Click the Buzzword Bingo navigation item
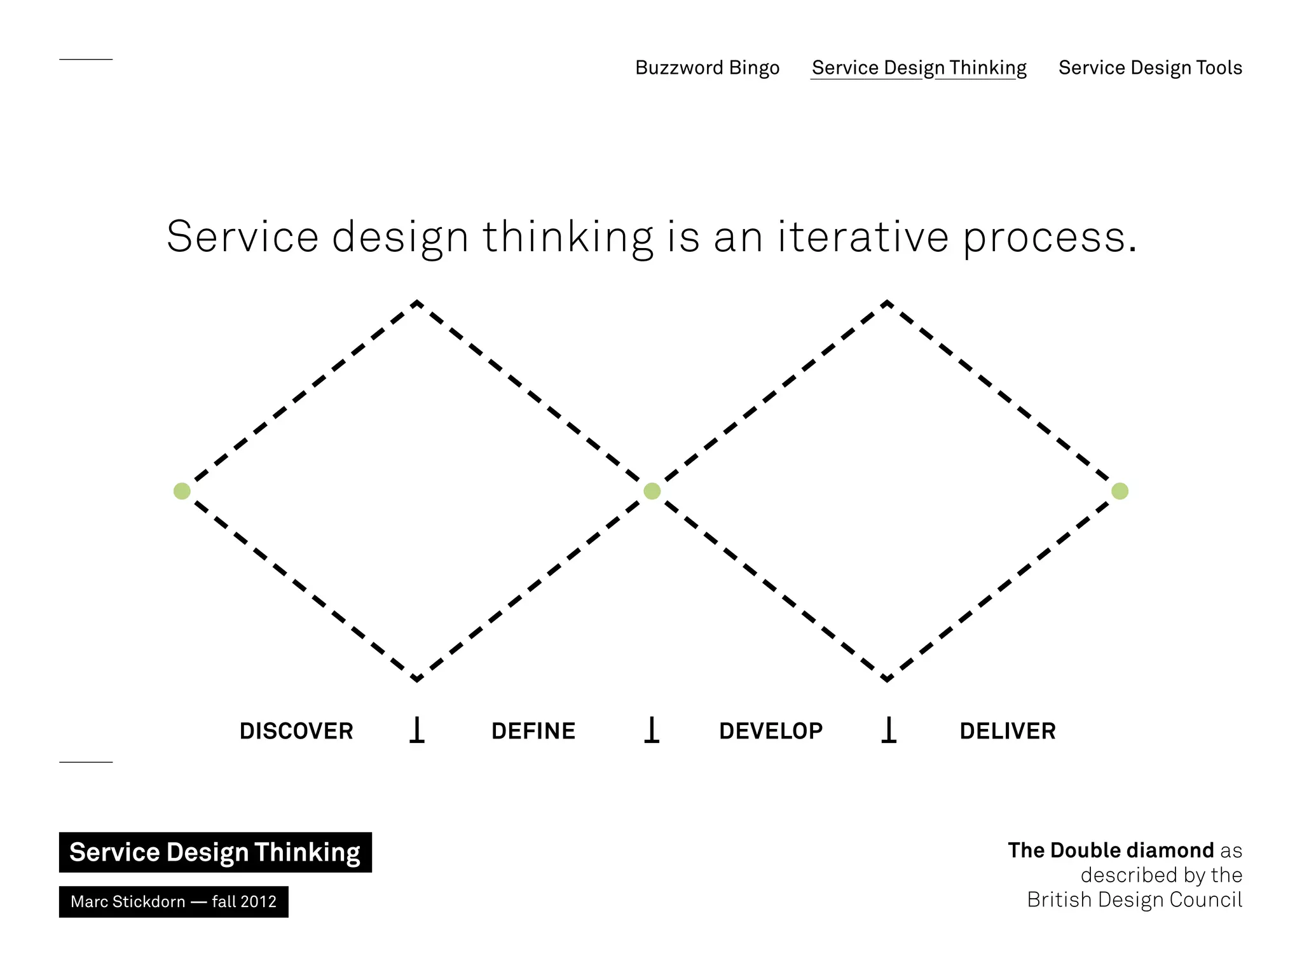[707, 67]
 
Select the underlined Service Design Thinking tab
[919, 67]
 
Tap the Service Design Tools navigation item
[1150, 67]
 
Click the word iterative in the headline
[863, 237]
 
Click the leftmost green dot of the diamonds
[182, 491]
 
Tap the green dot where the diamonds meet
[652, 491]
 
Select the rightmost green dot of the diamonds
[1120, 491]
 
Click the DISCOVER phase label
[296, 731]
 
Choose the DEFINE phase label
[533, 731]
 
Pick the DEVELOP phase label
[771, 731]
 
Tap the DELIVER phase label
[1008, 731]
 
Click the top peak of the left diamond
[416, 303]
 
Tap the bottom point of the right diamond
[886, 679]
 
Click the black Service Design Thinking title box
[215, 852]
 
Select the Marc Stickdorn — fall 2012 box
[174, 901]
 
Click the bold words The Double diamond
[1111, 850]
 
